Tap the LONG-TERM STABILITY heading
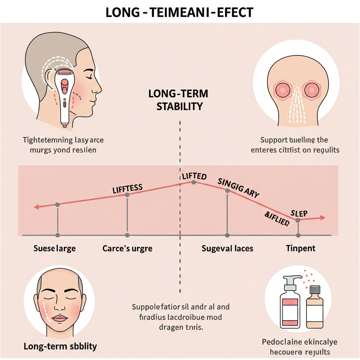(178, 100)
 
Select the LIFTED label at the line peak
(194, 176)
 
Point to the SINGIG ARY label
(238, 188)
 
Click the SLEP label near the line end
(299, 213)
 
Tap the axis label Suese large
(54, 249)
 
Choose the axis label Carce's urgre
(127, 249)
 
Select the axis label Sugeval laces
(227, 249)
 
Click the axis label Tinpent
(301, 249)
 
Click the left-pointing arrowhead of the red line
(36, 207)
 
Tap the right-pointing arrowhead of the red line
(322, 218)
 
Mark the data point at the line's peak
(193, 182)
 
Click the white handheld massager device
(64, 95)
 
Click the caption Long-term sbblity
(60, 346)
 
